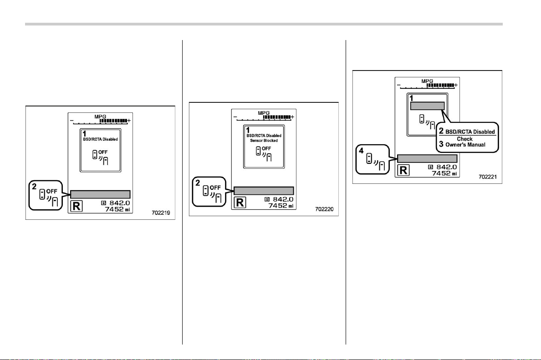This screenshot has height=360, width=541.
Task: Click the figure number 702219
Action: (x=161, y=213)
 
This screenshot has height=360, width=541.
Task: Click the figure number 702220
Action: (x=324, y=209)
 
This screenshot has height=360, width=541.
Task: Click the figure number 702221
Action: (x=488, y=177)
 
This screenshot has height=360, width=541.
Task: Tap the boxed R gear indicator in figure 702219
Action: (x=76, y=206)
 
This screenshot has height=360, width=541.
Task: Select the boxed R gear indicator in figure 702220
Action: (x=240, y=202)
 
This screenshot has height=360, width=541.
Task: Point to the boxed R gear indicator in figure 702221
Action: (x=403, y=170)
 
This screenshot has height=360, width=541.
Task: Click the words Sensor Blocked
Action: (x=264, y=141)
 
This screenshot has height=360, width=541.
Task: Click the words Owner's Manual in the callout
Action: (x=465, y=145)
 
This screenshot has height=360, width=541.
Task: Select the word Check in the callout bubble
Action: (x=465, y=139)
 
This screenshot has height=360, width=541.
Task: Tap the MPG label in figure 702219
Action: (x=100, y=117)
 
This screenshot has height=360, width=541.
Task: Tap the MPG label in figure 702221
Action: (x=427, y=81)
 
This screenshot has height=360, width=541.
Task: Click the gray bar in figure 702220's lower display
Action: (x=264, y=191)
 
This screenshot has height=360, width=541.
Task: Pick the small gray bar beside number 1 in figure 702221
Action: (x=427, y=106)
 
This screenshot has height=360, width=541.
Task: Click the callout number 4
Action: (x=361, y=151)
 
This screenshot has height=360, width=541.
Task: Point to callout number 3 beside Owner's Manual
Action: (x=441, y=144)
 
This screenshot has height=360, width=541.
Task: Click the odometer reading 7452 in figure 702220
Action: (x=278, y=206)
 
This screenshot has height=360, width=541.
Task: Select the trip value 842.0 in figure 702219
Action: (x=120, y=203)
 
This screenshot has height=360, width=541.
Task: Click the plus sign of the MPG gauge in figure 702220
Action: (x=292, y=117)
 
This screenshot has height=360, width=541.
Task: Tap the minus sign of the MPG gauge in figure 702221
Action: (x=399, y=85)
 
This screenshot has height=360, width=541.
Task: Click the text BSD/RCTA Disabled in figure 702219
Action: (x=100, y=139)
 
